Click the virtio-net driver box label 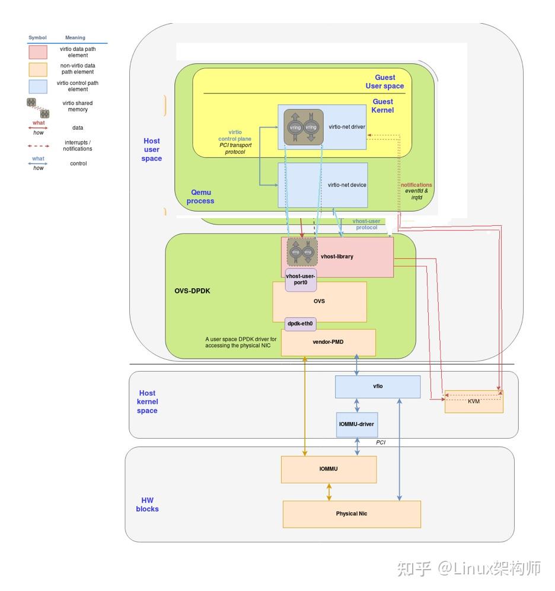click(347, 126)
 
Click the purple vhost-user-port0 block click(301, 279)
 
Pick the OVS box click(319, 302)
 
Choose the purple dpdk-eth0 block click(301, 324)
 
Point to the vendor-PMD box click(328, 343)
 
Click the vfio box click(377, 386)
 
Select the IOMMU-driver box click(357, 424)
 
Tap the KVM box click(474, 401)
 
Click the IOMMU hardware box click(328, 469)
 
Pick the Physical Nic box click(352, 514)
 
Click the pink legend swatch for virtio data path click(39, 52)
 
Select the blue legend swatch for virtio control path click(39, 87)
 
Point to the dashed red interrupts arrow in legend click(39, 145)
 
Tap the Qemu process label click(200, 196)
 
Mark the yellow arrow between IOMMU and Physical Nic click(328, 491)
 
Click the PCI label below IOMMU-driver click(381, 442)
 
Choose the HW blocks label click(147, 504)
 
